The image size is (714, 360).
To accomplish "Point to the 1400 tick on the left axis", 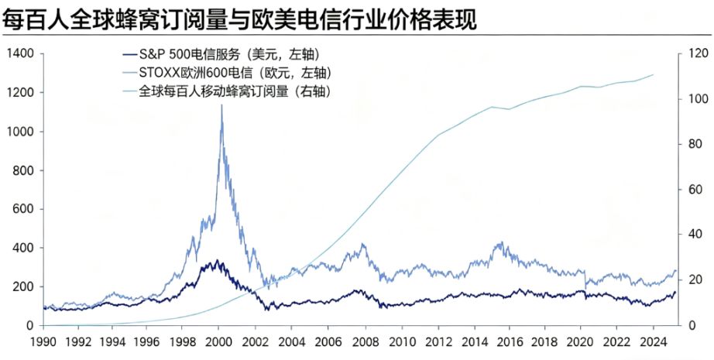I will click(21, 53).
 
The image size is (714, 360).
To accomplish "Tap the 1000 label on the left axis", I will click(21, 132).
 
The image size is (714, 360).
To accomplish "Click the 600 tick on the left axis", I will click(24, 209).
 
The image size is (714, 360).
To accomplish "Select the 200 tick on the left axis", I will click(24, 286).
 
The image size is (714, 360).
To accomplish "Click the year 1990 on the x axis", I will click(44, 341).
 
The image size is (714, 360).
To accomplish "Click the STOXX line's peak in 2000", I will click(222, 105).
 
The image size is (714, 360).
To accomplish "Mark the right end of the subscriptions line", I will click(654, 74).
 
